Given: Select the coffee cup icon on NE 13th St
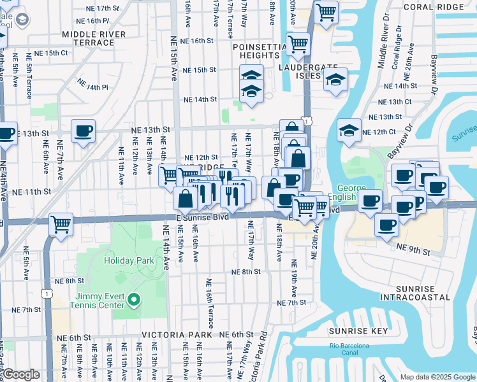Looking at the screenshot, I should coord(83,132).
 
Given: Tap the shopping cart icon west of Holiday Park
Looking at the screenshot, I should coord(61,223).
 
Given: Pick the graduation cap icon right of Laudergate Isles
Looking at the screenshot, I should coord(335,80).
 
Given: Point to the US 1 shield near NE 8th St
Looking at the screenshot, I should coord(46,293).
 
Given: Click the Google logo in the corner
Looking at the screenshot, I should coord(20,375).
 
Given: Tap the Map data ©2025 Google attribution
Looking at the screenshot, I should coord(437,377).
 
